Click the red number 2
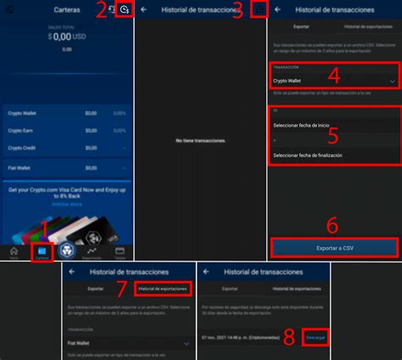coord(101,10)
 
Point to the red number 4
coord(333,76)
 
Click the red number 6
coord(332,225)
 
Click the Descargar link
coord(315,337)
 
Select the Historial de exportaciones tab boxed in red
coord(161,290)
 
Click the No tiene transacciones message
coord(200,139)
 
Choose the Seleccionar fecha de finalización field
coord(308,155)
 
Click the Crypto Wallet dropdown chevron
coord(392,81)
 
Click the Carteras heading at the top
coord(67,9)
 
